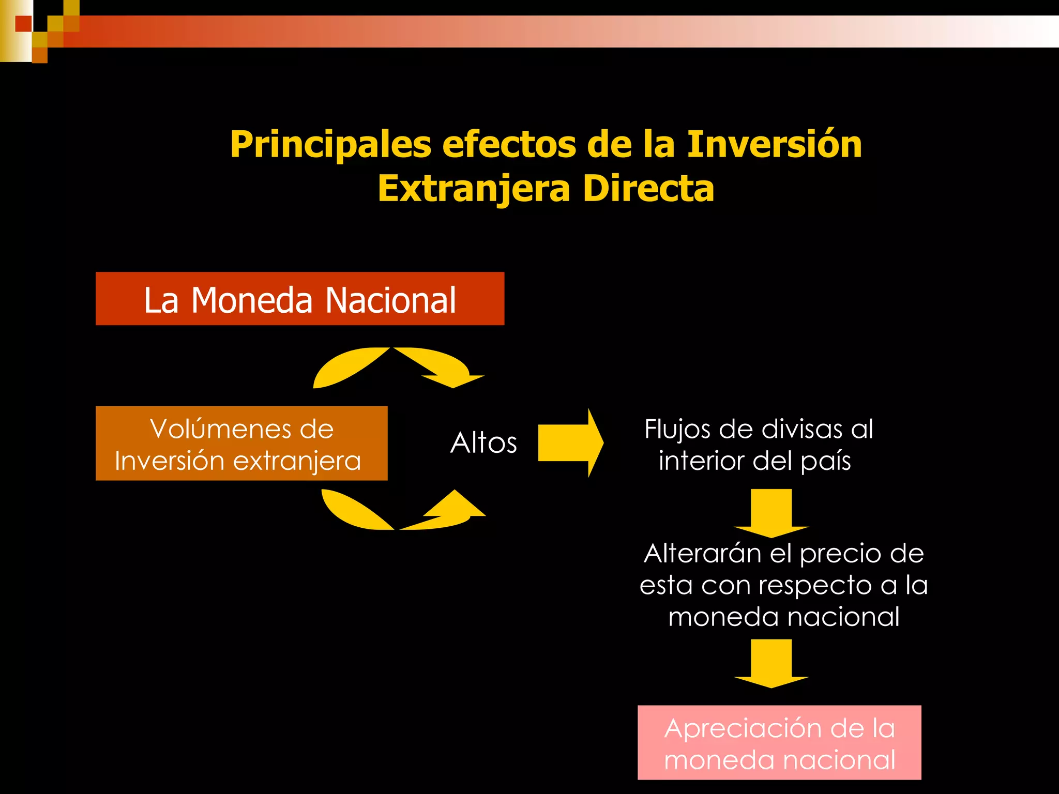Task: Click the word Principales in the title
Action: pos(330,144)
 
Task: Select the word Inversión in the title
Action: pos(774,144)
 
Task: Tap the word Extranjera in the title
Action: pos(473,189)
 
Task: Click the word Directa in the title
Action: pos(648,189)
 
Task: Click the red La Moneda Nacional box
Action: pos(299,299)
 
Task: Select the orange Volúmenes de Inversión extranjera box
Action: pos(241,444)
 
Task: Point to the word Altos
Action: pos(483,443)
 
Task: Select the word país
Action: pos(825,461)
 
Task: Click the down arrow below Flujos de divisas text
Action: pos(771,512)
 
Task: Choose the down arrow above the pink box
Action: pos(771,663)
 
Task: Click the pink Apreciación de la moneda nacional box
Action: pos(779,742)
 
